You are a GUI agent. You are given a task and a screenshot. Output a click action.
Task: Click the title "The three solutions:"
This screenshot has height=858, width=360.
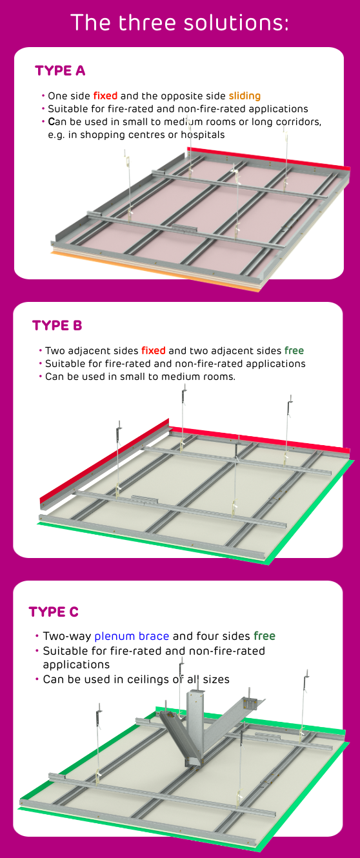click(180, 23)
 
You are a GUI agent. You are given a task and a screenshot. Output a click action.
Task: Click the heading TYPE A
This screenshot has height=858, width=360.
click(60, 71)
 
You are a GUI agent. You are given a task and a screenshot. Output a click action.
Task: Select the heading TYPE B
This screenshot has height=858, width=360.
click(57, 326)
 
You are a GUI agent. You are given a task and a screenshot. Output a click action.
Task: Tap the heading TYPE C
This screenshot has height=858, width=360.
click(54, 612)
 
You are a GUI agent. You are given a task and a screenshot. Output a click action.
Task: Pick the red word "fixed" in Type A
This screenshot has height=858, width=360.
click(105, 96)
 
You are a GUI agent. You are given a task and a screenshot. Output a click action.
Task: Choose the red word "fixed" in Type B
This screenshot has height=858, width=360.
click(154, 351)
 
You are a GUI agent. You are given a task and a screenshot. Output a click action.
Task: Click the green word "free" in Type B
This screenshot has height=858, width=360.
click(294, 351)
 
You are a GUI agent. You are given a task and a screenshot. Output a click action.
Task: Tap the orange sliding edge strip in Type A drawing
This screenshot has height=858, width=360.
click(155, 270)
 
